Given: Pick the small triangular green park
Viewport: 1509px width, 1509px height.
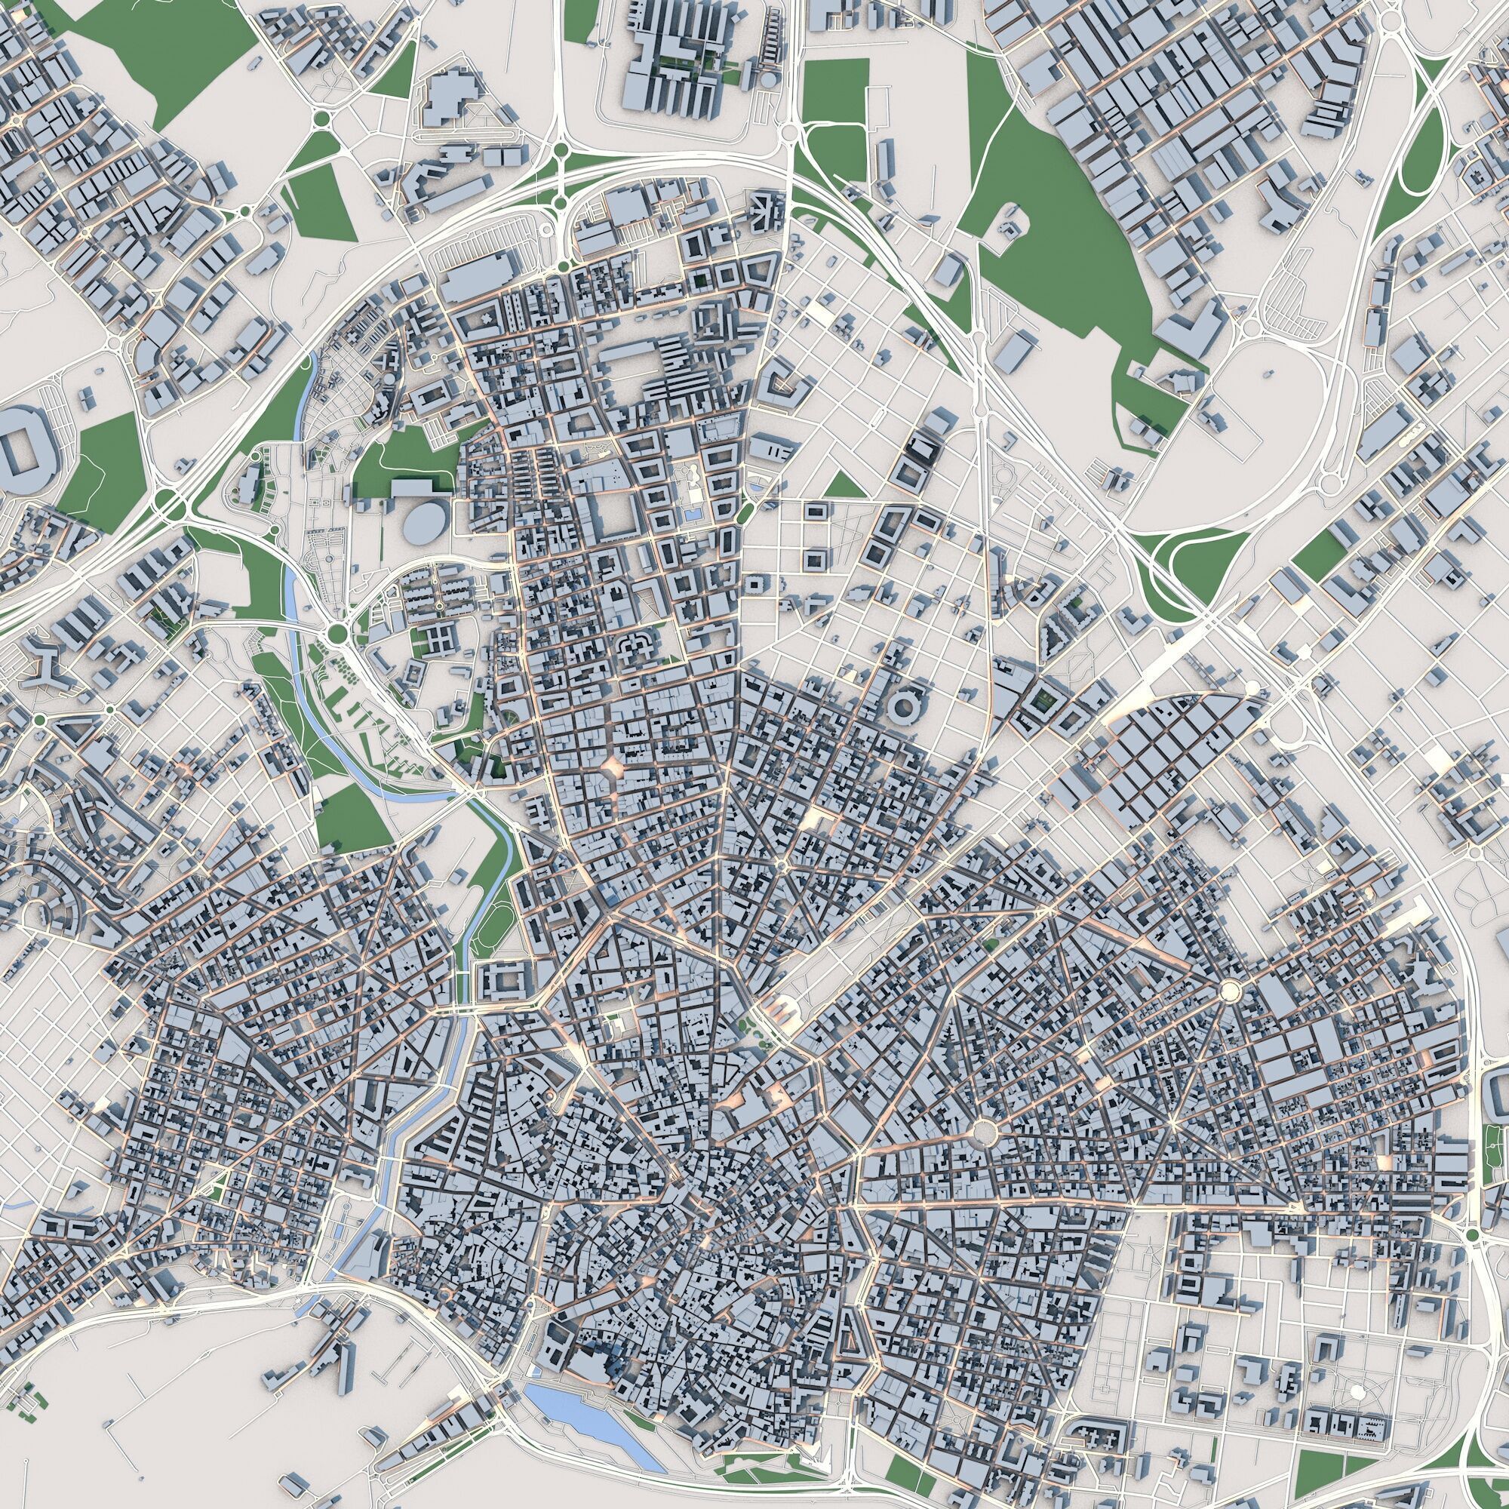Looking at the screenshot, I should pyautogui.click(x=845, y=486).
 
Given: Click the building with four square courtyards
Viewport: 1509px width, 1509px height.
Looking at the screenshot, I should pyautogui.click(x=440, y=638).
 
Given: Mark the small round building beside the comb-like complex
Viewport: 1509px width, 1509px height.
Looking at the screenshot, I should pyautogui.click(x=770, y=79).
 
